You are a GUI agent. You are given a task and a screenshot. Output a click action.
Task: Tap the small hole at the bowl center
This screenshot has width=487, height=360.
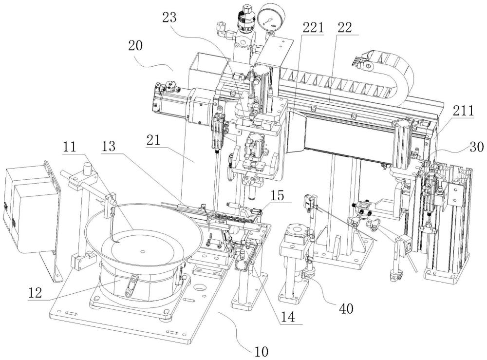tap(142, 252)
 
